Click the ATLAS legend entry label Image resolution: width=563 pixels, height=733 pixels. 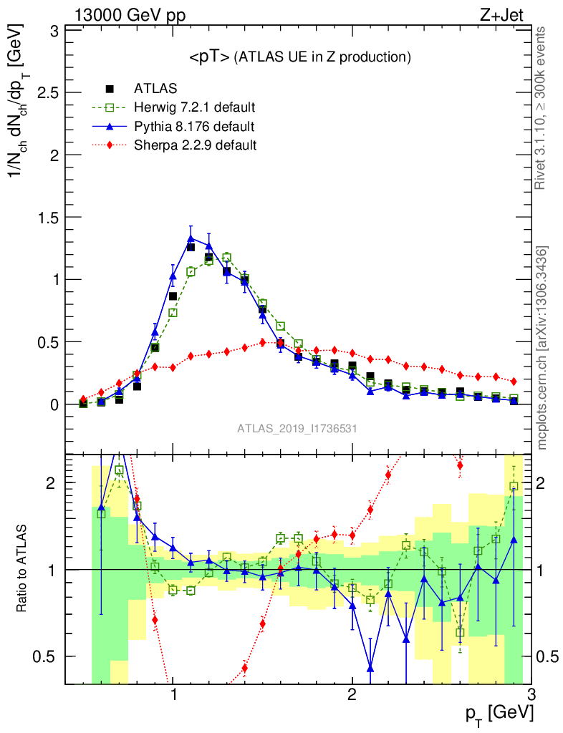pos(155,89)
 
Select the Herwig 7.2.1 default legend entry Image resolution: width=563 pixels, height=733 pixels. pos(194,108)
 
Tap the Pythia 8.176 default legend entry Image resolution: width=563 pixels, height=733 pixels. pos(193,127)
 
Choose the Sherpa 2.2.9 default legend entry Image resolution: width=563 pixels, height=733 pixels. pos(195,145)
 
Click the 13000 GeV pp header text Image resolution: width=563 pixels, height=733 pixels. pos(129,14)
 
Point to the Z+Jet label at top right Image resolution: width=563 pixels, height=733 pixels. pos(505,14)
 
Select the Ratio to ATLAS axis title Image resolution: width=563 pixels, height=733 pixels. pos(24,569)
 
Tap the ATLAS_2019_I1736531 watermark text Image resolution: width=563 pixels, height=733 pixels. pos(297,429)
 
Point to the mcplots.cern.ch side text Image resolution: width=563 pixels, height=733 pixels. pos(542,347)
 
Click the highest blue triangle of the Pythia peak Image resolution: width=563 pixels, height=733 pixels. pos(191,238)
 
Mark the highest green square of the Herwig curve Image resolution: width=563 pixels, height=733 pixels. pos(227,257)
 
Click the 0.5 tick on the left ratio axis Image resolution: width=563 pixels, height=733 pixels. pos(44,656)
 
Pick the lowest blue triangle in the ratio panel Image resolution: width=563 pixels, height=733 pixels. pos(370,668)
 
